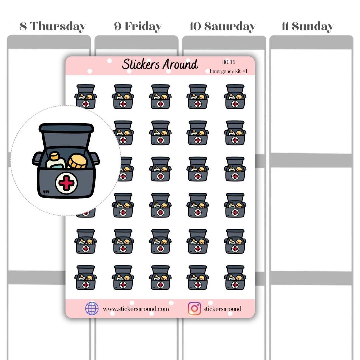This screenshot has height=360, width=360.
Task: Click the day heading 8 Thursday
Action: [53, 26]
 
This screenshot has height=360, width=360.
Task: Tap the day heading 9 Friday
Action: [138, 26]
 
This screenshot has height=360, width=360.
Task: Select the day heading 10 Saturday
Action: [222, 26]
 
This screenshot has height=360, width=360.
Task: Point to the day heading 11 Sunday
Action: [307, 26]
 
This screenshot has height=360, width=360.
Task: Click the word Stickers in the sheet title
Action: [141, 64]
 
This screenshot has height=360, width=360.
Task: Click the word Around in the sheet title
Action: [180, 64]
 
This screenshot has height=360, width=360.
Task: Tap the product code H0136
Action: [228, 62]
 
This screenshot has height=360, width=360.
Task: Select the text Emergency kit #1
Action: [228, 71]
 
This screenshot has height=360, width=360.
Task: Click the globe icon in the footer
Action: [92, 308]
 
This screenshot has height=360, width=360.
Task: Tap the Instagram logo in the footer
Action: [194, 308]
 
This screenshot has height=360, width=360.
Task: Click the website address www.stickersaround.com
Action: [136, 309]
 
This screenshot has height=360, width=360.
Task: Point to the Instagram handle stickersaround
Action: [222, 309]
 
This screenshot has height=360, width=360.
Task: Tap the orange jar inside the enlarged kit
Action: [77, 161]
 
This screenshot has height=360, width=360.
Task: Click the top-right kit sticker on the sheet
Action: [235, 97]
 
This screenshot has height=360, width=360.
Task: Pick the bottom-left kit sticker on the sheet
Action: [85, 278]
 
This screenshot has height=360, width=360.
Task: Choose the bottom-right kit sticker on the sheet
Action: [235, 278]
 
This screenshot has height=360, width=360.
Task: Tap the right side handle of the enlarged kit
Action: [95, 158]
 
